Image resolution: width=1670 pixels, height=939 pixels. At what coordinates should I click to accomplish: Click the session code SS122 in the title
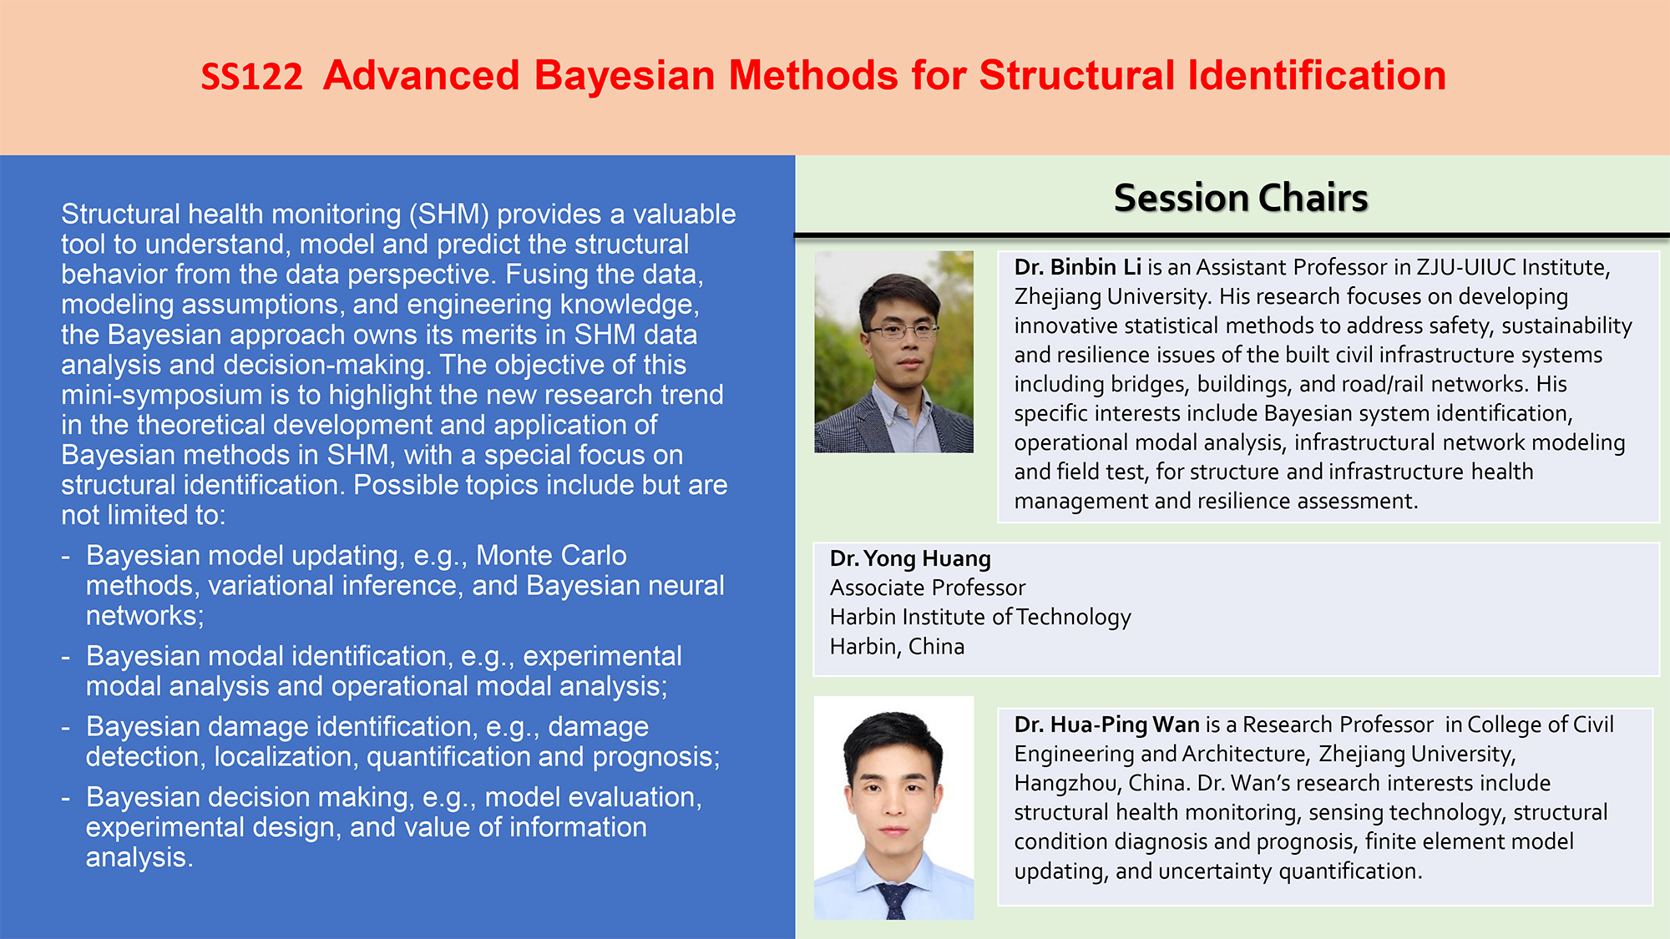click(251, 77)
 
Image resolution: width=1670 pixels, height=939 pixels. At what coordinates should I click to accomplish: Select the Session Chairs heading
click(1241, 199)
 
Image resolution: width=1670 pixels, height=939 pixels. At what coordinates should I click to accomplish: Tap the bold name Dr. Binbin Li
click(1077, 267)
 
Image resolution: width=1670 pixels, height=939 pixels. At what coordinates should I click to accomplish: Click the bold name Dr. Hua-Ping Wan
click(1106, 724)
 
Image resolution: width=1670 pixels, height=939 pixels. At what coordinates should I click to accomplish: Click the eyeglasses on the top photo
click(901, 331)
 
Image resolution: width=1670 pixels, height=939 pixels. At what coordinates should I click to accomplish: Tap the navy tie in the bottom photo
click(894, 901)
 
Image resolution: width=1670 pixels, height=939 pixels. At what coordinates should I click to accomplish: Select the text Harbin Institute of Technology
click(980, 618)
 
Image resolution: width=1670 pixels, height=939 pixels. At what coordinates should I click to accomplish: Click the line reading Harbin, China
click(897, 647)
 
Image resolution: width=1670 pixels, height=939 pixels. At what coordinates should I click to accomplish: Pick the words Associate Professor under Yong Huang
click(928, 588)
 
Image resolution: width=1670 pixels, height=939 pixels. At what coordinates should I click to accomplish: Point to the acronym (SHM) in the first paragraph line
click(448, 215)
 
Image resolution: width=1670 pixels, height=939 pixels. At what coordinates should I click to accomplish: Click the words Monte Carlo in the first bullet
click(551, 556)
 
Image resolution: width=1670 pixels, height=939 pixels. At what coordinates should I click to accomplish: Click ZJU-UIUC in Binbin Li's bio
click(1465, 267)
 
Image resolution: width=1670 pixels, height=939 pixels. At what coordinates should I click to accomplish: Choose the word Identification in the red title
click(1317, 76)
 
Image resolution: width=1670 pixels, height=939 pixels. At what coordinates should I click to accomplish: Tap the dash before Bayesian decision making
click(65, 799)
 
